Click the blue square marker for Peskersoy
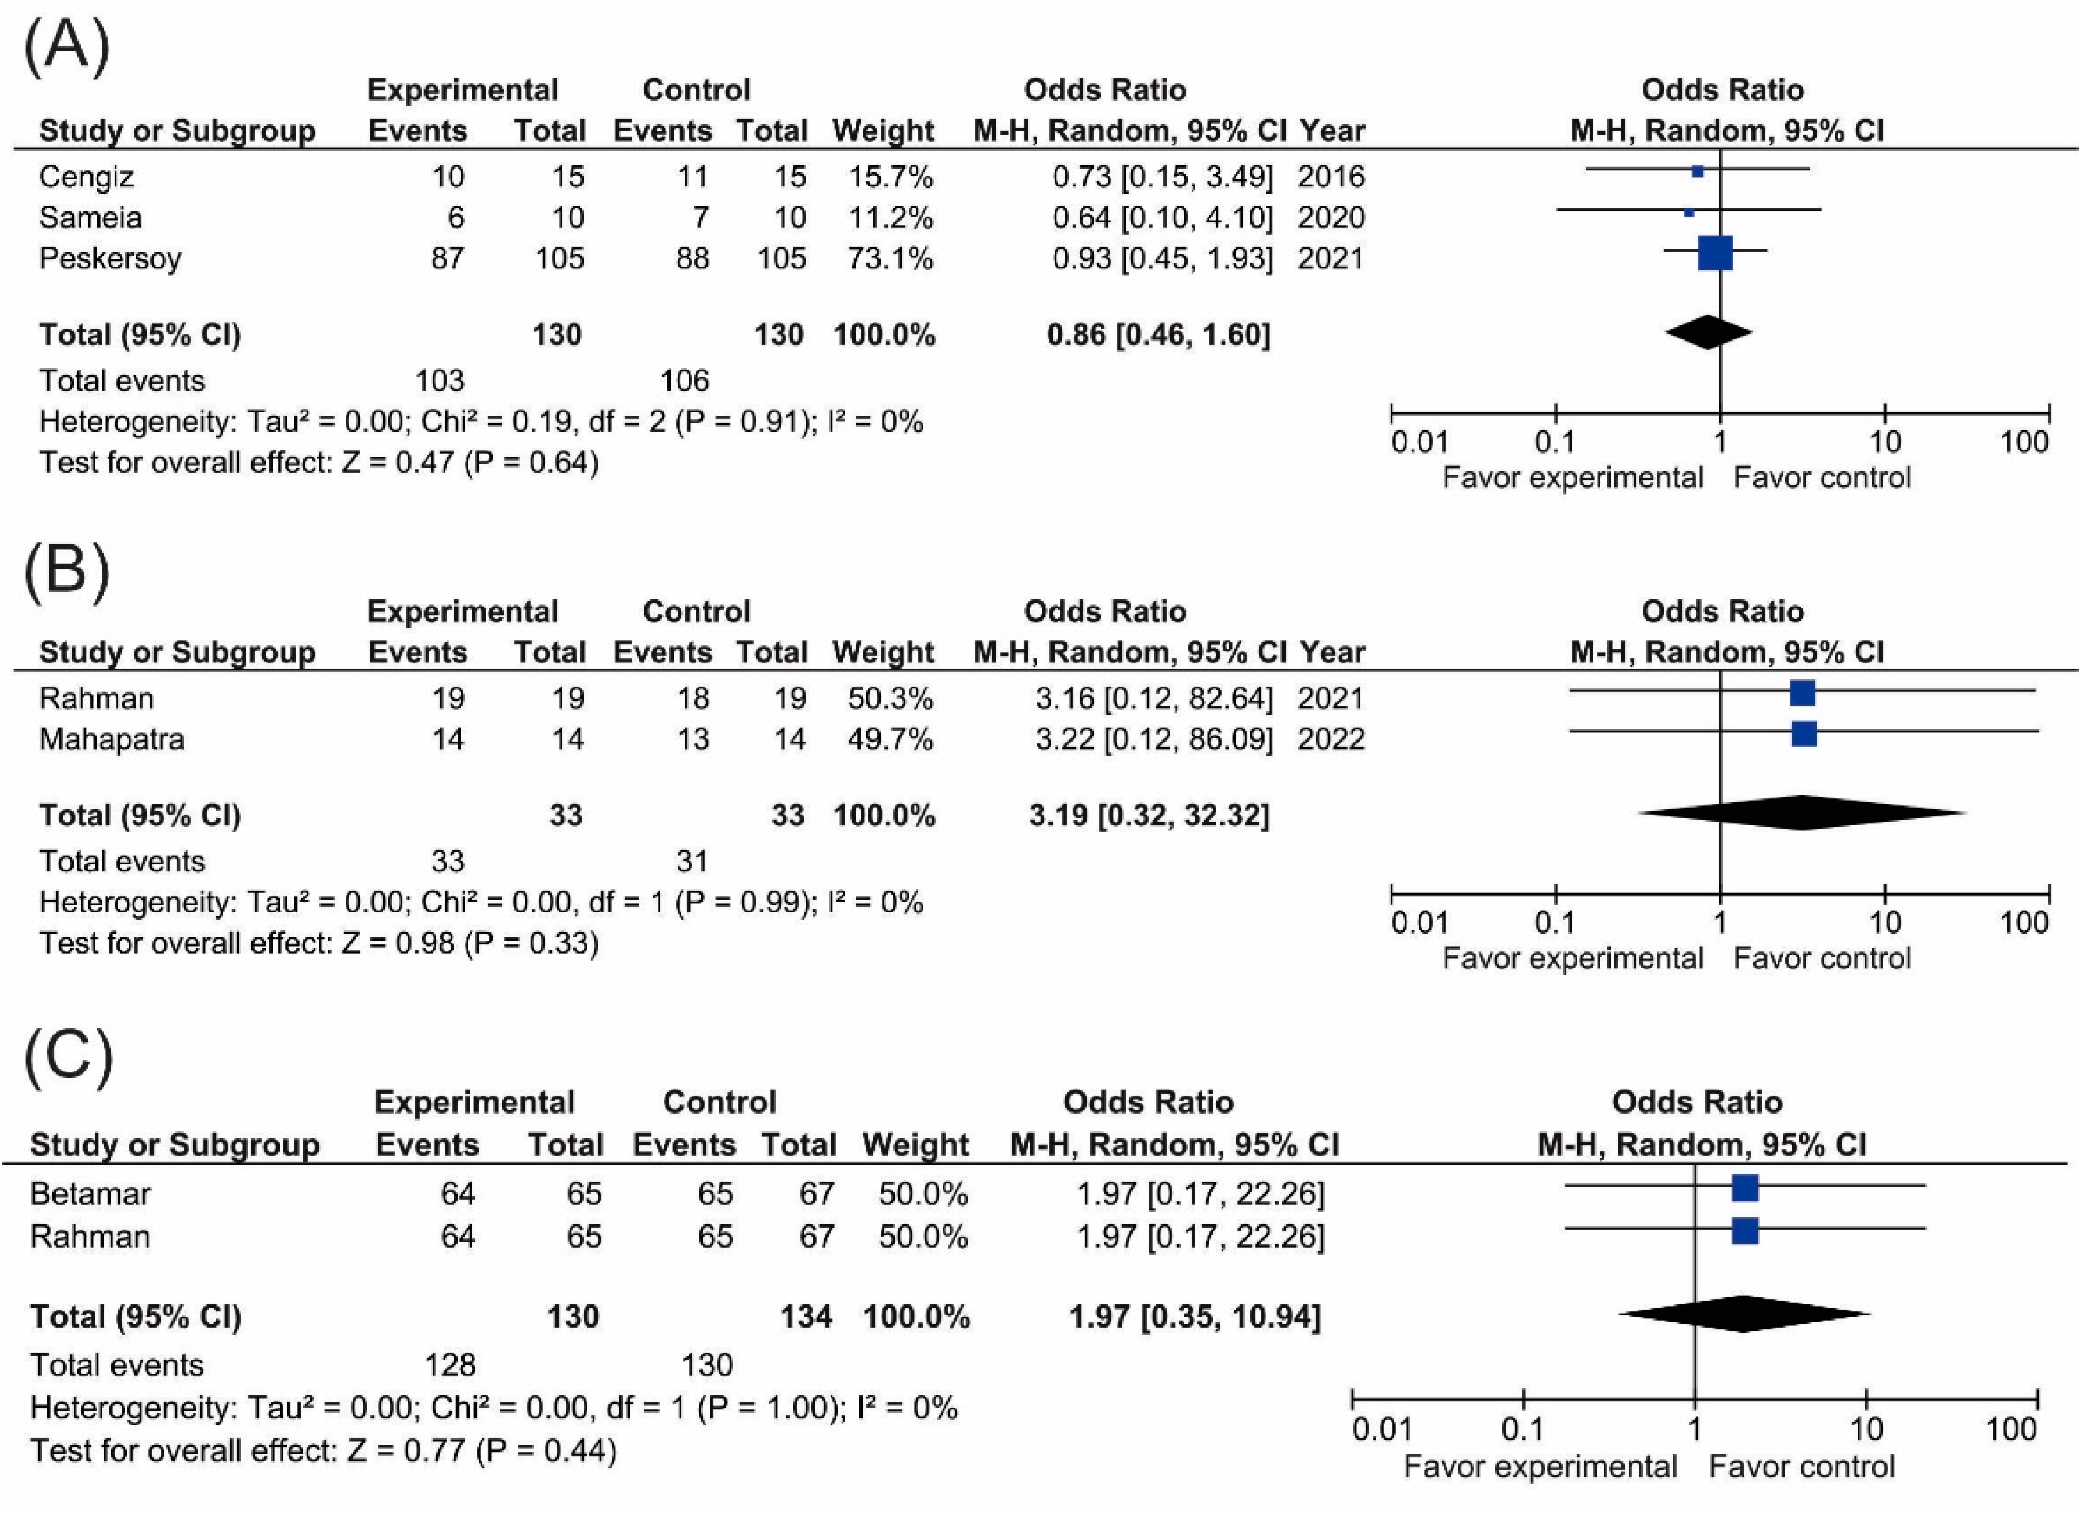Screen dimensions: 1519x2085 [x=1715, y=253]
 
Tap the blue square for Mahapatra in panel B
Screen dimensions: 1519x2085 [x=1804, y=734]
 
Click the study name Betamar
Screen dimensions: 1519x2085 [x=90, y=1194]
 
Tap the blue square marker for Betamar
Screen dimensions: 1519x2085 [x=1745, y=1188]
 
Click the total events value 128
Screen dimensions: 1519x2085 [x=450, y=1364]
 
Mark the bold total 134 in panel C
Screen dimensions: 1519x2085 [x=806, y=1317]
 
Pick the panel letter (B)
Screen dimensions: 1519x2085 [x=66, y=570]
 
